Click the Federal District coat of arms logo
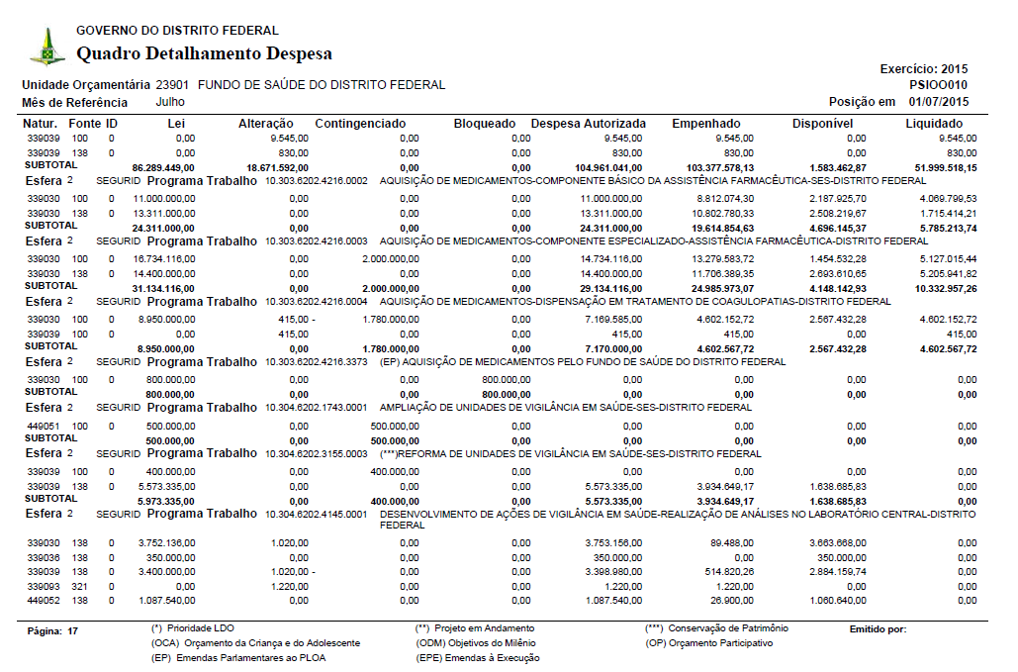tap(46, 46)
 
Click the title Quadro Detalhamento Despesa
tap(204, 53)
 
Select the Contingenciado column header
tap(360, 124)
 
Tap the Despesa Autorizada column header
tap(589, 124)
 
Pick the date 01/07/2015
tap(939, 102)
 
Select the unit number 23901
tap(173, 85)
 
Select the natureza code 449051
tap(43, 425)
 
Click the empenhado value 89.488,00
tap(725, 542)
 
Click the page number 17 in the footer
tap(72, 630)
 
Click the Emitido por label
tap(878, 629)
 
